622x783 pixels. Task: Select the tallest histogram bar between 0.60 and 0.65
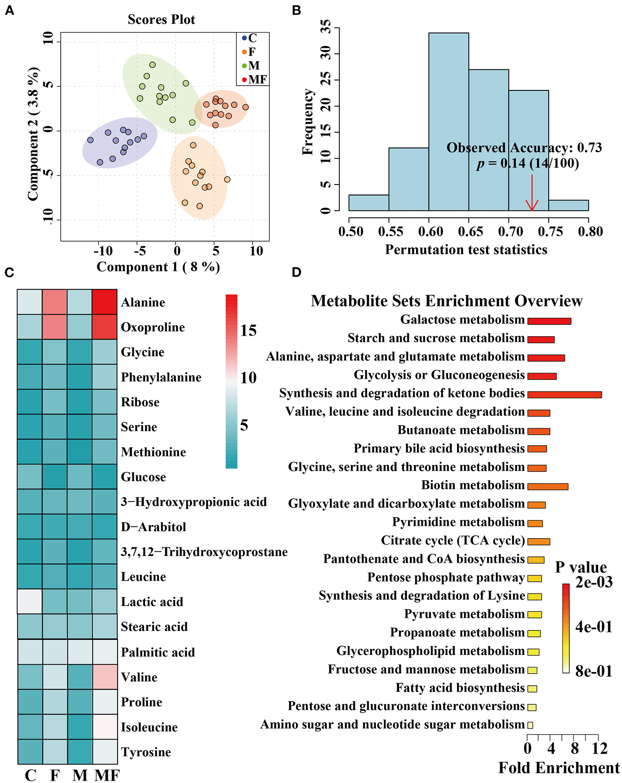coord(449,122)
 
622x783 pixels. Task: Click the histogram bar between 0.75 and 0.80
coord(569,205)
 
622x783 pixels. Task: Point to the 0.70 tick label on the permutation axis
coord(511,232)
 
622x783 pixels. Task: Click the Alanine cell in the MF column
coord(105,302)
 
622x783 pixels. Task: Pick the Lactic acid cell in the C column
coord(30,601)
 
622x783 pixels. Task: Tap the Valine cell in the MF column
coord(105,677)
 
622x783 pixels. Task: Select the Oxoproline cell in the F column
coord(55,327)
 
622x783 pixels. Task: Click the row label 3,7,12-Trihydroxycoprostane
coord(204,552)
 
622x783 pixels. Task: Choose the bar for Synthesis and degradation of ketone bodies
coord(564,395)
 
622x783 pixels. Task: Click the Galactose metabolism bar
coord(549,321)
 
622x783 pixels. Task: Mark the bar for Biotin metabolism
coord(547,487)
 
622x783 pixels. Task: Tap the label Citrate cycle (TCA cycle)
coord(453,541)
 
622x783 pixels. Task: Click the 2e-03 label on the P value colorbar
coord(594,582)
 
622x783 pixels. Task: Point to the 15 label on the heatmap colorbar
coord(248,331)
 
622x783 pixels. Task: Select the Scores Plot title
coord(161,19)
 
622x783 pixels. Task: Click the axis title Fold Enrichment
coord(559,768)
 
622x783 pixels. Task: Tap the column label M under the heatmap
coord(80,775)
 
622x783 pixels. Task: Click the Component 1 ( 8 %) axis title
coord(158,267)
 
